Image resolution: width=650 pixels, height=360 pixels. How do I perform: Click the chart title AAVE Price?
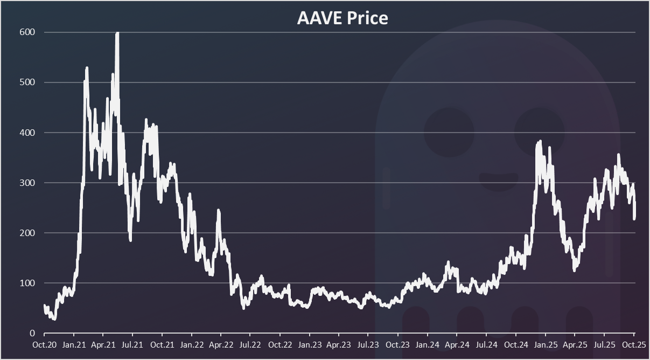tap(343, 18)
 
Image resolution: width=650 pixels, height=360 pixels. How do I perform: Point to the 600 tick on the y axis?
tap(28, 32)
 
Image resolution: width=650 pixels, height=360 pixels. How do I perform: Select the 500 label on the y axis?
tap(28, 82)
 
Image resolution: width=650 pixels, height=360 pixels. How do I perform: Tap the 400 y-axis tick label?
tap(28, 133)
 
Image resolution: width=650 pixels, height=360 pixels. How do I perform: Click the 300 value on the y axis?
tap(28, 183)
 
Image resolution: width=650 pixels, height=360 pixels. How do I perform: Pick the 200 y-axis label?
tap(28, 233)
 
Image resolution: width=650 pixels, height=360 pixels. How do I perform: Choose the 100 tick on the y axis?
tap(28, 283)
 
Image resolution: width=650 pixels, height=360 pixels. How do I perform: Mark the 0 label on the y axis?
tap(33, 333)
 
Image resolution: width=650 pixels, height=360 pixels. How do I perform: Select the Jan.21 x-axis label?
tap(73, 344)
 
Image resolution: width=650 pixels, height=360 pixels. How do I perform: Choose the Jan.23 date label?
tap(310, 344)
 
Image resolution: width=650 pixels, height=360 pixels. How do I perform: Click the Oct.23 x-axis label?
tap(396, 344)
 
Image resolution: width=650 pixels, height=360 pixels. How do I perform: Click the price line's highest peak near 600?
tap(117, 34)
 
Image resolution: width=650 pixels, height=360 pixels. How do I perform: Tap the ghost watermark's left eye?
tap(449, 133)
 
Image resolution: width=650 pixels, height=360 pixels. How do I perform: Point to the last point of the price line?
tap(635, 215)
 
